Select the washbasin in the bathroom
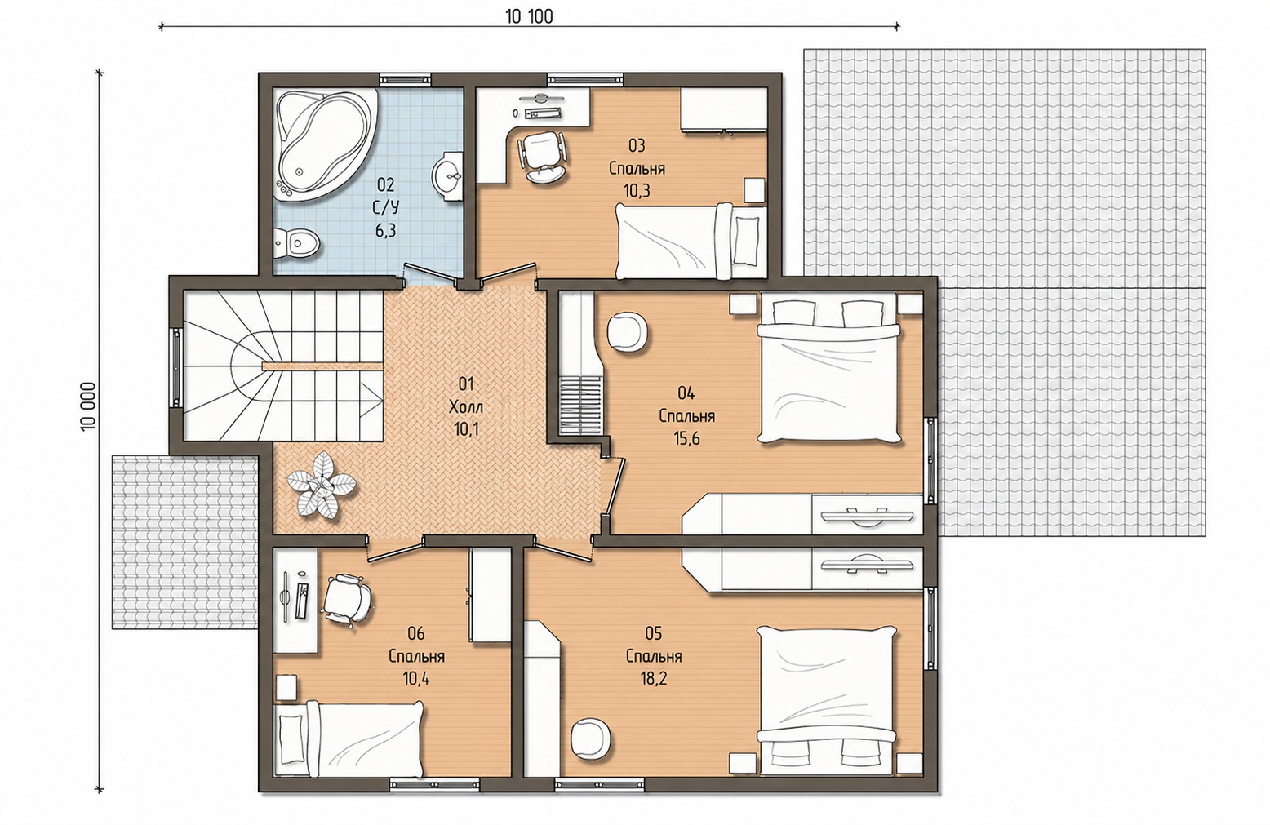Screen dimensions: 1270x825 (x=450, y=175)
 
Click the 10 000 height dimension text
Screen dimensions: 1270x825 (x=88, y=406)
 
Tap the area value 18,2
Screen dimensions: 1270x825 (x=654, y=679)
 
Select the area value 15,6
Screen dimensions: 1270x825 (x=686, y=438)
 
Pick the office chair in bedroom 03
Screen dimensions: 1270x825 (x=541, y=156)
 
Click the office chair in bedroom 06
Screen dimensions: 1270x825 (x=347, y=601)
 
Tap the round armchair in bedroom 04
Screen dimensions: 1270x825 (x=627, y=334)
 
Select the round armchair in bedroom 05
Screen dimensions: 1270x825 (x=591, y=739)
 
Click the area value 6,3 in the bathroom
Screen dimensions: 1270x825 (x=385, y=230)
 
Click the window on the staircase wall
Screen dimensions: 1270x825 (x=176, y=366)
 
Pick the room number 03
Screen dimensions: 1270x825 (x=637, y=146)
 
